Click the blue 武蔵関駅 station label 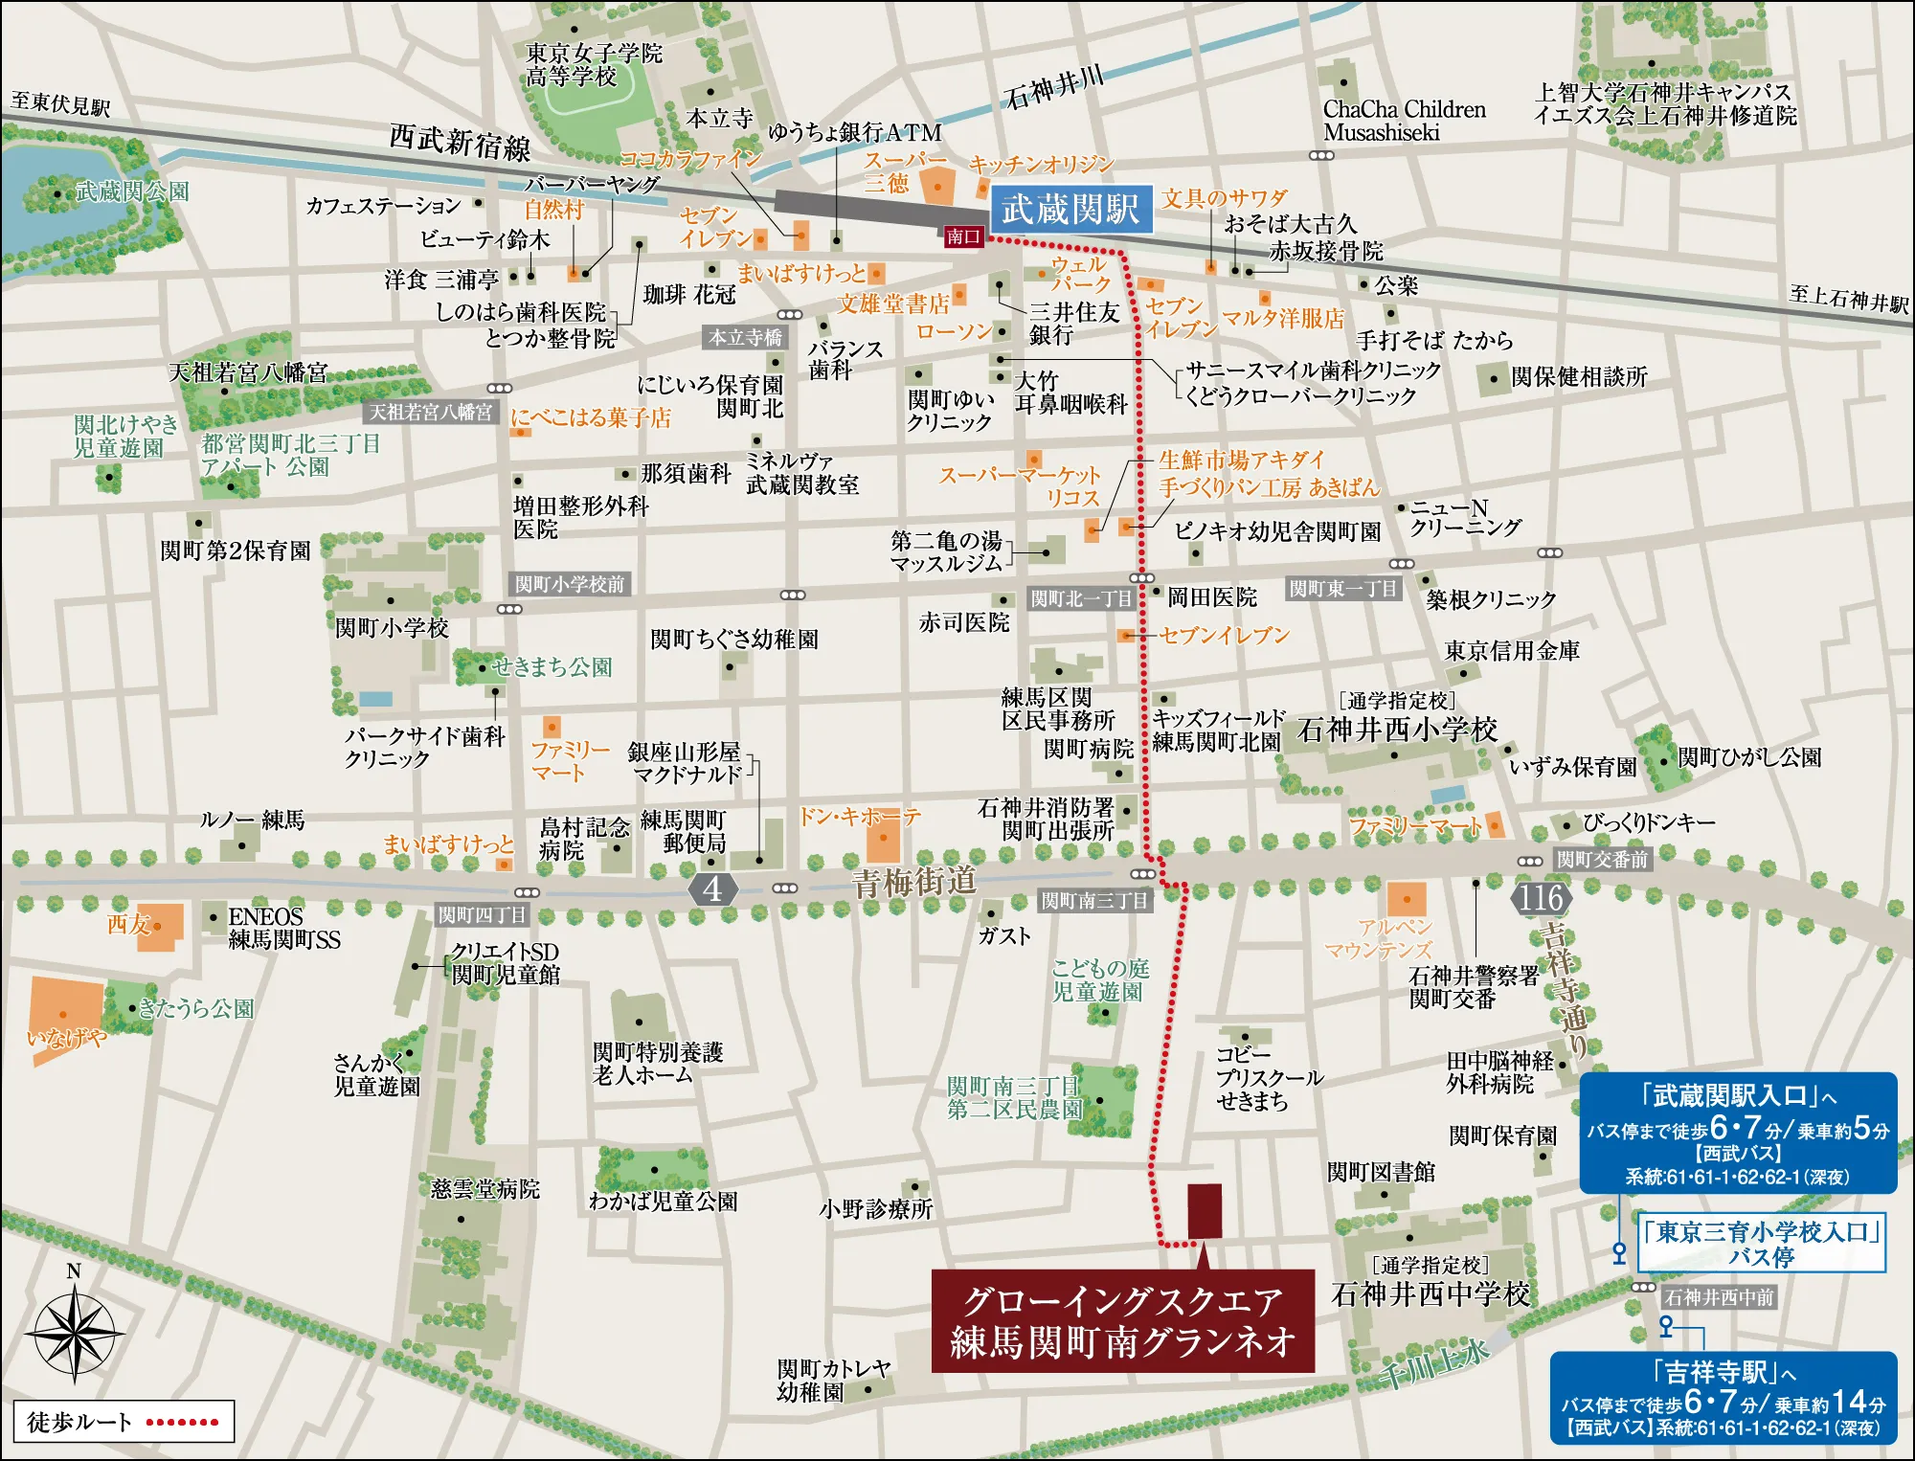coord(1070,209)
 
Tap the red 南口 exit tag coord(963,236)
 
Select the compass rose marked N coord(74,1332)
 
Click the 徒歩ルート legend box coord(124,1422)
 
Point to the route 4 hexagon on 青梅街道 coord(712,888)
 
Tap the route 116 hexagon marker coord(1541,898)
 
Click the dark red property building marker coord(1205,1211)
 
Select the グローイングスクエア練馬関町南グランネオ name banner coord(1122,1321)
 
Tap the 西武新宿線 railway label coord(460,143)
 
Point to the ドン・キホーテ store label coord(859,817)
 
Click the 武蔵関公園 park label coord(132,191)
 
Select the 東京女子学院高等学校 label coord(594,64)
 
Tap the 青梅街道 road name coord(914,882)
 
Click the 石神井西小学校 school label coord(1397,730)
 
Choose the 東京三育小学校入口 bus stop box coord(1762,1244)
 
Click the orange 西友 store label coord(128,924)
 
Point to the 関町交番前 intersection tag coord(1602,860)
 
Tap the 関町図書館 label coord(1381,1172)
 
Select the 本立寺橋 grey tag coord(745,338)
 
